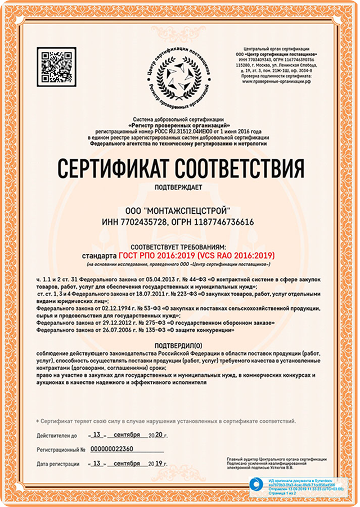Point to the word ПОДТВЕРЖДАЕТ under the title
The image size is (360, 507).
(x=179, y=187)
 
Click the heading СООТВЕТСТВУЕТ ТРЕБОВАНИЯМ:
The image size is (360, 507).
(x=179, y=247)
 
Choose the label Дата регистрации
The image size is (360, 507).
(x=58, y=464)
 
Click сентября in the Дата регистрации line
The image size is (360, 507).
(x=126, y=463)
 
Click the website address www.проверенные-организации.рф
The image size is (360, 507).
(x=276, y=81)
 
